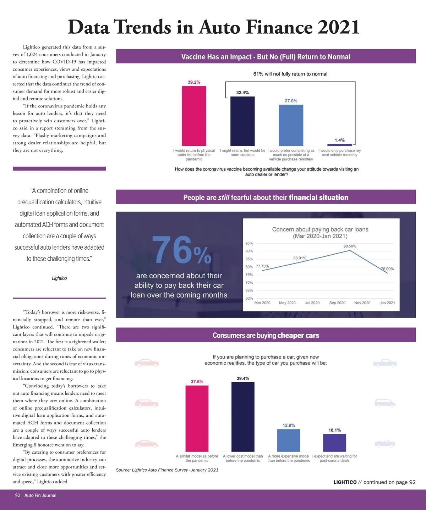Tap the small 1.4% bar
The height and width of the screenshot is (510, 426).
click(x=339, y=145)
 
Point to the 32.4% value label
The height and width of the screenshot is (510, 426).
click(x=242, y=93)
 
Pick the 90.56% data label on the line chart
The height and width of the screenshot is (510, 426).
click(x=350, y=246)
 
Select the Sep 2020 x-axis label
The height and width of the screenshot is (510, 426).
click(x=337, y=303)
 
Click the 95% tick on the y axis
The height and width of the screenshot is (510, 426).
click(x=249, y=243)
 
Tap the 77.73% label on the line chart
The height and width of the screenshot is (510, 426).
click(x=262, y=266)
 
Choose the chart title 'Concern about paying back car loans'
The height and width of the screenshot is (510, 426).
click(x=320, y=229)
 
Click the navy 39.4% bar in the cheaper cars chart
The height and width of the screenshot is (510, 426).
click(x=243, y=416)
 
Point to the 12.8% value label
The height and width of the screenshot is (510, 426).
click(x=289, y=425)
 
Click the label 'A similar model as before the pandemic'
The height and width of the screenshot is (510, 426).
click(x=197, y=458)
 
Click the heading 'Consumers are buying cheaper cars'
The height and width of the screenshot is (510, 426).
click(x=266, y=335)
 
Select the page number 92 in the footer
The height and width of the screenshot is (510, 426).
click(x=17, y=495)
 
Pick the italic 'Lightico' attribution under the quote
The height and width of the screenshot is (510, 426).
click(x=59, y=278)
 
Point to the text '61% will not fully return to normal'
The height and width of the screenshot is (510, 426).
click(x=290, y=74)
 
